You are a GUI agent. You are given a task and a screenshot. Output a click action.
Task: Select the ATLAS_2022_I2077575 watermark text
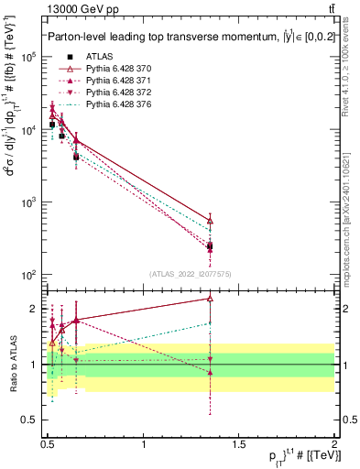(190, 274)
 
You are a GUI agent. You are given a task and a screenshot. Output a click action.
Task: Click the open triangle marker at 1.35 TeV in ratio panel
(211, 298)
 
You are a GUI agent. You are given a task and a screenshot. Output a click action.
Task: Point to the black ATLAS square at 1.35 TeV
(211, 245)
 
